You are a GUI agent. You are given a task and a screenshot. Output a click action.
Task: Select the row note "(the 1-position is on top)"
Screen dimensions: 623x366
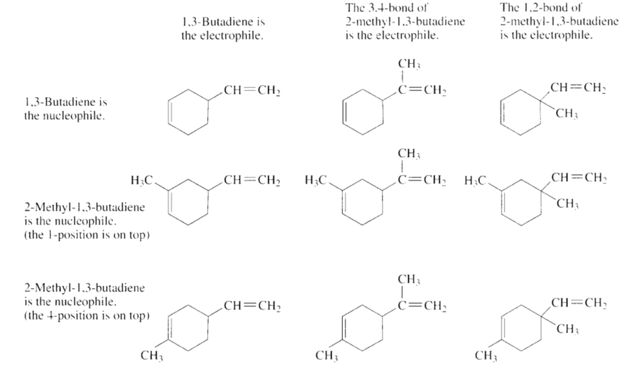(87, 235)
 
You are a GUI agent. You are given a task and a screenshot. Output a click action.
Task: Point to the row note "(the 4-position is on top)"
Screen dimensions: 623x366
(87, 316)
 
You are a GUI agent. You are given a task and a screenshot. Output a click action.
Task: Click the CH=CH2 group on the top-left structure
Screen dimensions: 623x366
(252, 91)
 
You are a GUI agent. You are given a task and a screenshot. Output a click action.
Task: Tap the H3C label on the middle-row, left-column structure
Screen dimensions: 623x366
(141, 181)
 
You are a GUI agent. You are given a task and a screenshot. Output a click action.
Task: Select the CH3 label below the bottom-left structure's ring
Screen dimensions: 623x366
(152, 355)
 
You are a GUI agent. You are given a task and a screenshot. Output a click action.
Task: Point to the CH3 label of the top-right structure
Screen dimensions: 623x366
(567, 114)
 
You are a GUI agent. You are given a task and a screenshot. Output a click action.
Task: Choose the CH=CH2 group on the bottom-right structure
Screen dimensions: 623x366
(579, 303)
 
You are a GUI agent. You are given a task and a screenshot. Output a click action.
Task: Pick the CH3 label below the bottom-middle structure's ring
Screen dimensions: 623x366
(327, 355)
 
